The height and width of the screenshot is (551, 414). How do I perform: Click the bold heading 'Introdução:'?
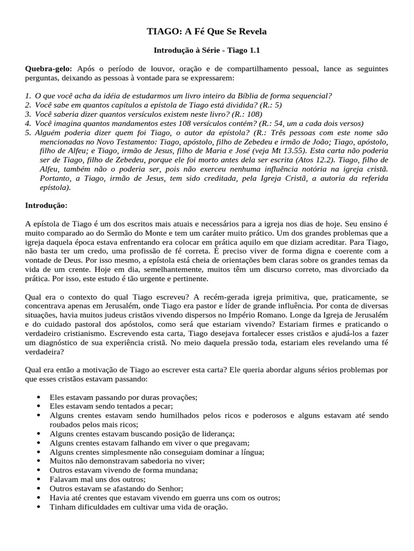(x=46, y=206)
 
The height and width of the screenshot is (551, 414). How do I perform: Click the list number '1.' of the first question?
(x=29, y=96)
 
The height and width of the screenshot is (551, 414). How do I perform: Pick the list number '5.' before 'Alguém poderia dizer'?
(x=29, y=132)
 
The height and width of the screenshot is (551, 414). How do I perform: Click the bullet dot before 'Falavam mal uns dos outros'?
(x=38, y=479)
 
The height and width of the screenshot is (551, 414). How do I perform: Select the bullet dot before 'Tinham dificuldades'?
(x=38, y=507)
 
